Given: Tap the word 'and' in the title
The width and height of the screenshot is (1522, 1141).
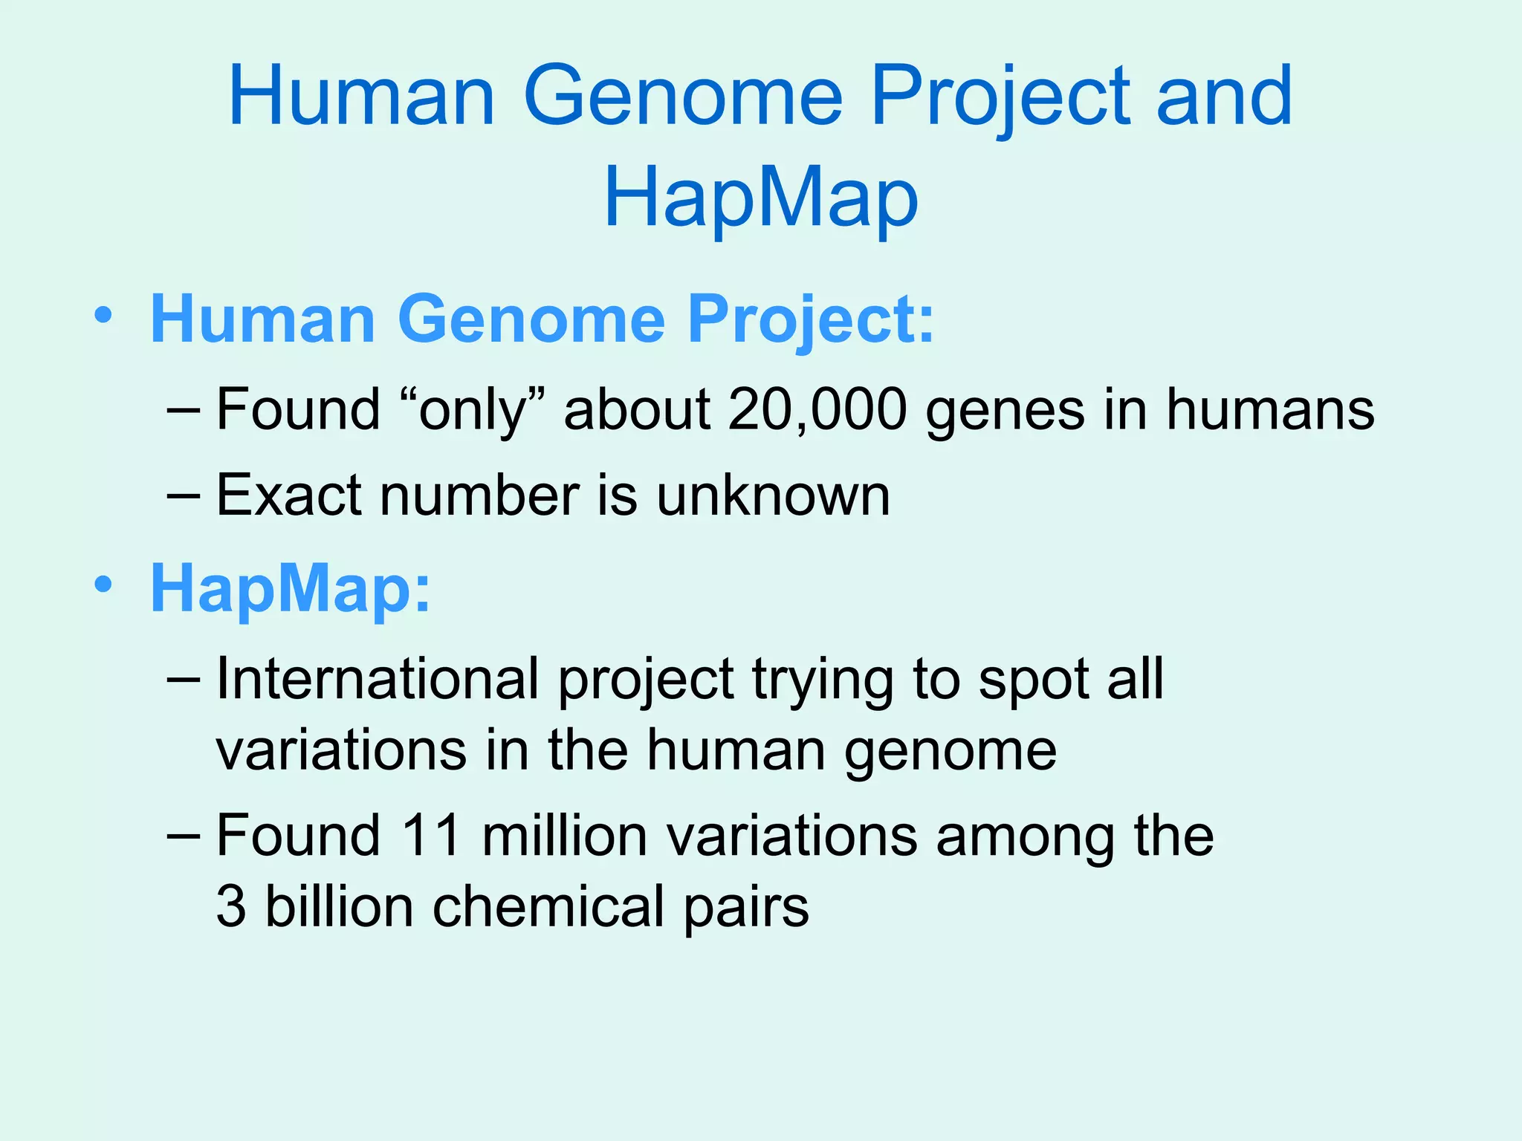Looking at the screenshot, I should pos(1224,97).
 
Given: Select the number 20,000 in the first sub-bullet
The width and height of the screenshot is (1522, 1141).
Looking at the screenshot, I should pos(817,410).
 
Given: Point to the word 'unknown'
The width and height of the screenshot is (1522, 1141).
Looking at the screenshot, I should pos(773,495).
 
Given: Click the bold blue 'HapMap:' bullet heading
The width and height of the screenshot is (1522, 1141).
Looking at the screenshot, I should pos(291,588).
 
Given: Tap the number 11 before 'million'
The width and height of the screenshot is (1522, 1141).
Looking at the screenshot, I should pos(431,836).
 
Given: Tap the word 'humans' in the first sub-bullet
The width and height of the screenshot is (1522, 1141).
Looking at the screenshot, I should pos(1270,410).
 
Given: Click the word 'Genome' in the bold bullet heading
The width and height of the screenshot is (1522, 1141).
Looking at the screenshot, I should pos(531,319).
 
